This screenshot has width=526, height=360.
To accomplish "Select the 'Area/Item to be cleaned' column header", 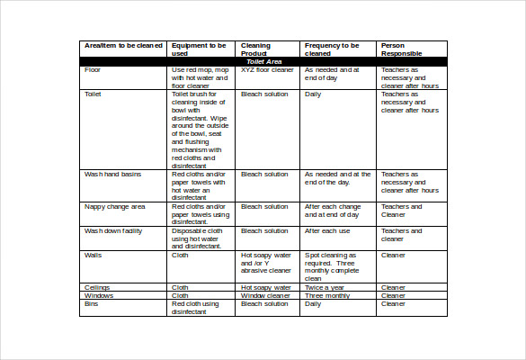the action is [122, 45].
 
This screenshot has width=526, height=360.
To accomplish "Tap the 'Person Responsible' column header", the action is [401, 49].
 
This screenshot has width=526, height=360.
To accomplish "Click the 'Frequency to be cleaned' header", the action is [332, 49].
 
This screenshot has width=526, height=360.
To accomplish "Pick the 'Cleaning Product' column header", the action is [255, 49].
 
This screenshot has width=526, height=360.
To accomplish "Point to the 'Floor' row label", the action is [93, 69].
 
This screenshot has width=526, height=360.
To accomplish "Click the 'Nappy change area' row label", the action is [114, 206].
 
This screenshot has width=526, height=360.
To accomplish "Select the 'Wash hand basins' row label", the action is [112, 174].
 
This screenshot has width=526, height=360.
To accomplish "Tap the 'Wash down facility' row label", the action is [113, 230].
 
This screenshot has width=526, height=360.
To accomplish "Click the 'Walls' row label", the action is [94, 255].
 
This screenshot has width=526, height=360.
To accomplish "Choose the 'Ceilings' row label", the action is [97, 287].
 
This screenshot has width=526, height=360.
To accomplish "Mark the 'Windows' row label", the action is [99, 295].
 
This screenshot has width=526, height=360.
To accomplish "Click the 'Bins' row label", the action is [92, 303].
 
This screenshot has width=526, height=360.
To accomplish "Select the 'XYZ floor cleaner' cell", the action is [267, 69].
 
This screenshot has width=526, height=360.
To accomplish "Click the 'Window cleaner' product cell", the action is [265, 295].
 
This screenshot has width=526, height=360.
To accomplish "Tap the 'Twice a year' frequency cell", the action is [325, 287].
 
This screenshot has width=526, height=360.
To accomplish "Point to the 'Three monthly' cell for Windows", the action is [327, 295].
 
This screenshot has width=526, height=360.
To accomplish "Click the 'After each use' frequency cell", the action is [327, 230].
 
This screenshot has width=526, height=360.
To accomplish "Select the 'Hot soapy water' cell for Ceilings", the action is [264, 287].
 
